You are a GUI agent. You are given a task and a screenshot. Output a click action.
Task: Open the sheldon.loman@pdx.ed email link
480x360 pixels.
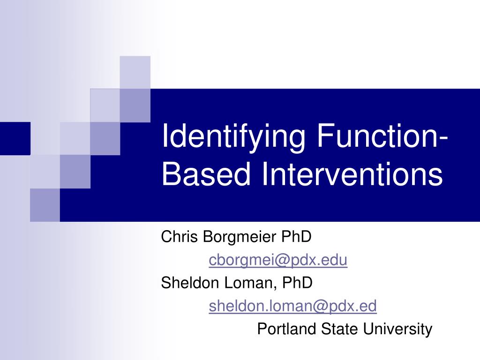click(292, 306)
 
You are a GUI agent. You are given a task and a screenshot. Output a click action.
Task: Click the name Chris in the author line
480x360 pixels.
click(180, 237)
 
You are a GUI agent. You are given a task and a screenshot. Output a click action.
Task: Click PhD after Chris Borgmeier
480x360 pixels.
click(296, 237)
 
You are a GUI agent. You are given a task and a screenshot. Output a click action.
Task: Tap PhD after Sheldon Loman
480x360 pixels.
click(297, 283)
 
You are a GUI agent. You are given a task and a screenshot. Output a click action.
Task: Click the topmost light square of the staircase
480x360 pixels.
click(135, 71)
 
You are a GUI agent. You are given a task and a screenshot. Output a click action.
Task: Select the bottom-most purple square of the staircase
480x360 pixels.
click(45, 205)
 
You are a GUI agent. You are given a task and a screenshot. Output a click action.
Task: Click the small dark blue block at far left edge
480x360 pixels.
click(15, 138)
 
